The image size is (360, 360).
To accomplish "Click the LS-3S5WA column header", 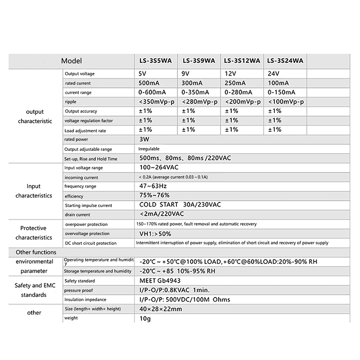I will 155,61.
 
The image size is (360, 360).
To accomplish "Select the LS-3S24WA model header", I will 285,61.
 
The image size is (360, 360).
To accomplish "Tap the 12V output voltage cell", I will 230,73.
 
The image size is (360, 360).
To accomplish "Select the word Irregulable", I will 149,148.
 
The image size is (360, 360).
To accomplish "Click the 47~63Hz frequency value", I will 153,186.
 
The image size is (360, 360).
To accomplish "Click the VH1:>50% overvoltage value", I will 156,234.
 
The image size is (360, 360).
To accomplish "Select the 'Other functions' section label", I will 36,252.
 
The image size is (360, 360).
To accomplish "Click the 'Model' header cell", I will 72,61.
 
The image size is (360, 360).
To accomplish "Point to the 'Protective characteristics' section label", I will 33,233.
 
